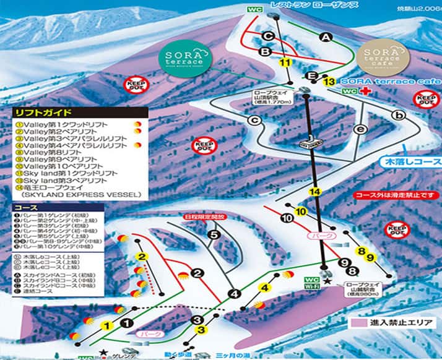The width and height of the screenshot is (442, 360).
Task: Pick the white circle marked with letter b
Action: click(401, 115)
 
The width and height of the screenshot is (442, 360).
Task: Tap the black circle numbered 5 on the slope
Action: click(214, 234)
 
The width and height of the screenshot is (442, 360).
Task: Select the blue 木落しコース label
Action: click(402, 162)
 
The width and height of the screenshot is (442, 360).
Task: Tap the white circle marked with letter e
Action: click(362, 129)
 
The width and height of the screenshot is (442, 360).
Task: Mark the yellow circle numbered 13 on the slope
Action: click(329, 81)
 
